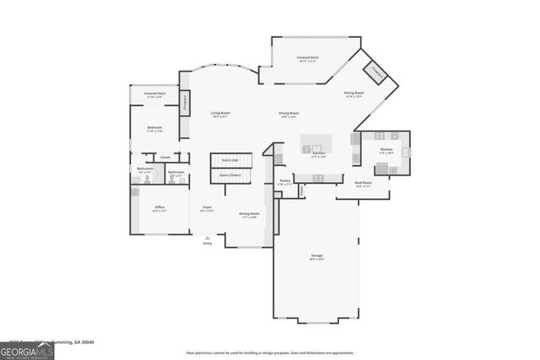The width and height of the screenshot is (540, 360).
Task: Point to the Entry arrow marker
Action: click(x=208, y=239)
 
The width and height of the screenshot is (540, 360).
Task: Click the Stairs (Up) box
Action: click(x=229, y=159)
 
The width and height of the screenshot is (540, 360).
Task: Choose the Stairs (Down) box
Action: click(x=229, y=175)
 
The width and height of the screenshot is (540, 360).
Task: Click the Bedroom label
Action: click(x=154, y=129)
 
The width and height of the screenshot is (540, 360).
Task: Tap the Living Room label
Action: click(x=220, y=114)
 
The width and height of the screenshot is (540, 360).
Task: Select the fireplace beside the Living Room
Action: click(x=185, y=101)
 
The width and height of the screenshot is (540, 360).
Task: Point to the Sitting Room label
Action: click(x=354, y=94)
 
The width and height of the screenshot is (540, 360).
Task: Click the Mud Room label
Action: click(x=361, y=183)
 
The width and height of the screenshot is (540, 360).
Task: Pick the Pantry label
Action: click(x=285, y=181)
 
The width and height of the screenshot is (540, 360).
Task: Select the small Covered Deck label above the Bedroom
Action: click(x=154, y=94)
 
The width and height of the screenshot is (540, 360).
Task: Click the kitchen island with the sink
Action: click(x=318, y=144)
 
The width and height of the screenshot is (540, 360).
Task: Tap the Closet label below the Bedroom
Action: click(x=165, y=157)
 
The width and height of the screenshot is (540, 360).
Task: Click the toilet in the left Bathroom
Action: click(x=145, y=178)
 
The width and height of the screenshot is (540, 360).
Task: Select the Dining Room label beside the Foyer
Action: click(x=249, y=214)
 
